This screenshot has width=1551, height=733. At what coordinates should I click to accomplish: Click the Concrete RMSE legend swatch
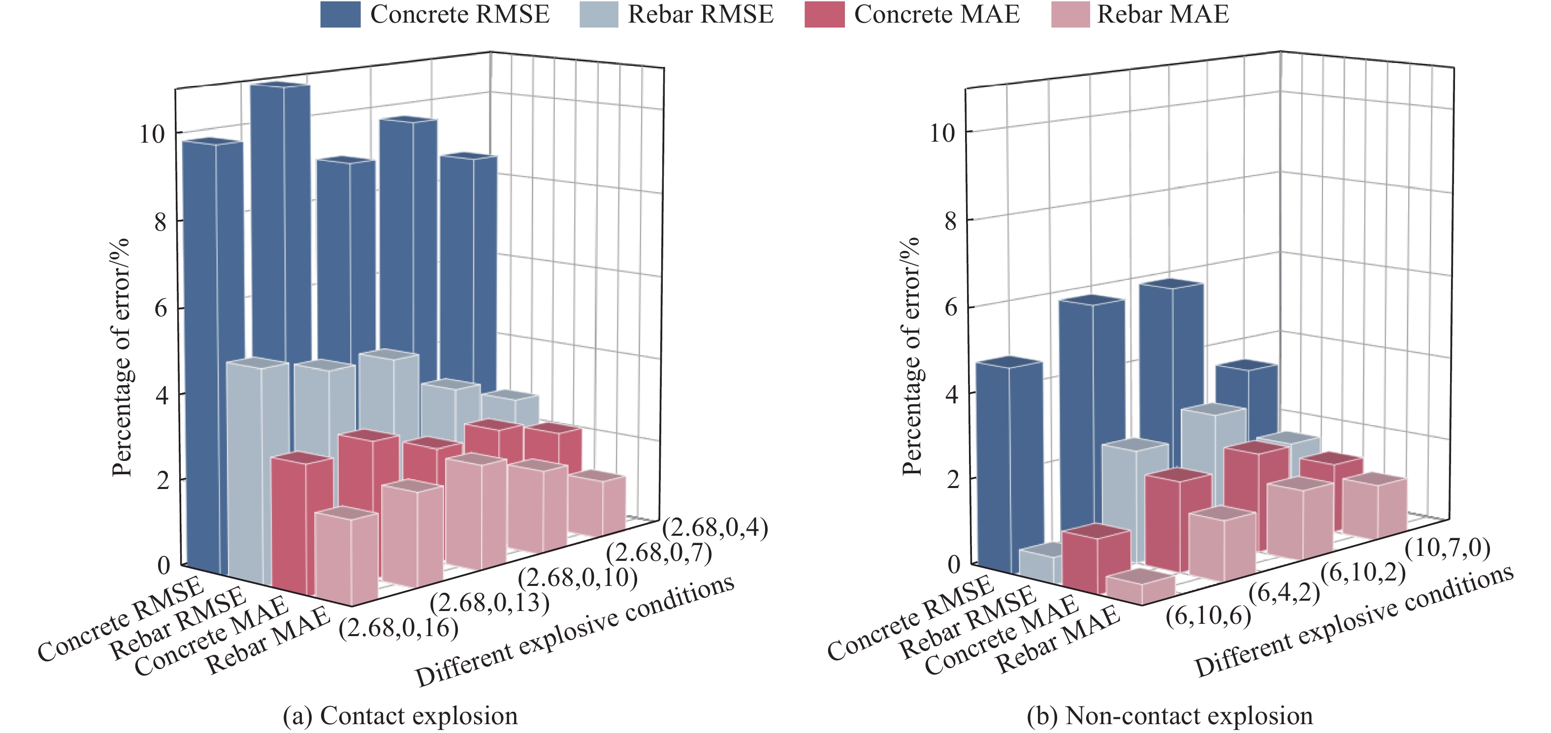(x=340, y=14)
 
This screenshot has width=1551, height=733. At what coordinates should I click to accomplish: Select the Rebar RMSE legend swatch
(x=598, y=14)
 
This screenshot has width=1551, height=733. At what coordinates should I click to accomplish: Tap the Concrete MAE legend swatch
(x=824, y=14)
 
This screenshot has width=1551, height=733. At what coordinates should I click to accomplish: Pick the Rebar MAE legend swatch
(x=1070, y=14)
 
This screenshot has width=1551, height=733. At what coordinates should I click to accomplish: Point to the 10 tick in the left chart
(x=152, y=134)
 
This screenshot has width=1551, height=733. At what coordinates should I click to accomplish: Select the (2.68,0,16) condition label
(x=399, y=628)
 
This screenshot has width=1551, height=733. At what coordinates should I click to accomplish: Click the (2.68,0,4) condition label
(x=714, y=528)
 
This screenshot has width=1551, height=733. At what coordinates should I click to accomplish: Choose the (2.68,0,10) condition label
(x=578, y=578)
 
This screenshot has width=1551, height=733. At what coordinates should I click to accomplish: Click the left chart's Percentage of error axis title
(x=122, y=358)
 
